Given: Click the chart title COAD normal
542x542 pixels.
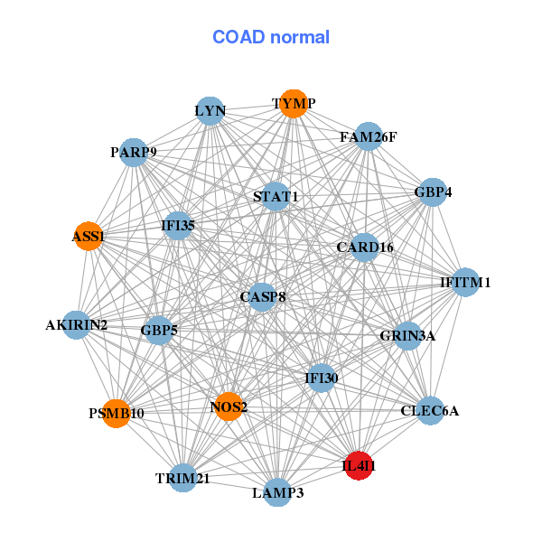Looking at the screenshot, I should tap(271, 37).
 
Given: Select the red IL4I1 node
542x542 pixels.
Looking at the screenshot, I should tap(360, 465).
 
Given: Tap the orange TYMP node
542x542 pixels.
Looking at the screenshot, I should tap(292, 104).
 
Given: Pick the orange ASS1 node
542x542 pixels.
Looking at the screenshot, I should tap(88, 236).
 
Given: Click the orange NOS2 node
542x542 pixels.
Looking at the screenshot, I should tap(229, 406).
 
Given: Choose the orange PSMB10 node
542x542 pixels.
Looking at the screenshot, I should tap(116, 413).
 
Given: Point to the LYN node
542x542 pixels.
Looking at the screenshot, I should tap(210, 111).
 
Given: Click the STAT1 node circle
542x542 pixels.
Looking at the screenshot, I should tap(276, 196).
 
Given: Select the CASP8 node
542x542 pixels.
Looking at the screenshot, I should tap(262, 296).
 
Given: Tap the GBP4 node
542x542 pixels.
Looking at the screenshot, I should tap(433, 192).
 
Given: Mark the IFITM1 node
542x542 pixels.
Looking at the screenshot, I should tap(465, 283).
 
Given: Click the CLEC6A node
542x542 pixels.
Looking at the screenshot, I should tap(430, 411).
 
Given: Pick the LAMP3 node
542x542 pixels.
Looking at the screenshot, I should tap(277, 492).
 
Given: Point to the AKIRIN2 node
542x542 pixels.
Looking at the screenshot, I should tap(77, 324).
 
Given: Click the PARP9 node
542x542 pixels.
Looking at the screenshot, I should tap(134, 152).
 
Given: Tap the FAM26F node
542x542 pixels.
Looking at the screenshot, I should tap(369, 137).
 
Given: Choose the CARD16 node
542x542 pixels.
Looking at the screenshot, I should tap(364, 247).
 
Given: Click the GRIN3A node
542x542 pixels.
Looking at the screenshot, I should tap(407, 336).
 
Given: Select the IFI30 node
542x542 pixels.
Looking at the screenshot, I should tap(321, 378).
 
